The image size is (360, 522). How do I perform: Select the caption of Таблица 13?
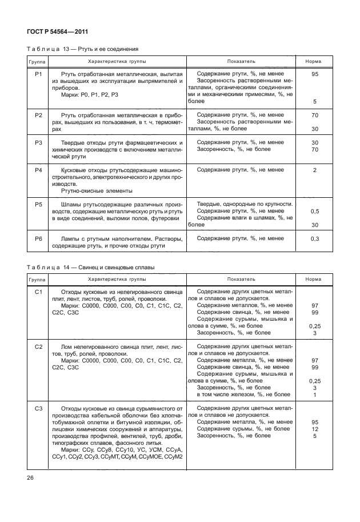pos(83,49)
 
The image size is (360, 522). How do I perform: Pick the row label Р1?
pos(39,74)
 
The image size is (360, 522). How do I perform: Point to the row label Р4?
pos(39,170)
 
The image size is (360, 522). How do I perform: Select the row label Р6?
pos(39,238)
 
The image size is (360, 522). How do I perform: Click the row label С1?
pos(39,292)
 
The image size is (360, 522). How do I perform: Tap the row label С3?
pos(39,408)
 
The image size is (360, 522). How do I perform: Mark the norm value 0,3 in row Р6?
pos(314,238)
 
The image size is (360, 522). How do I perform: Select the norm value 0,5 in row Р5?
pos(314,212)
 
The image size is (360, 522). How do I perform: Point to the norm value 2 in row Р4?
pos(314,170)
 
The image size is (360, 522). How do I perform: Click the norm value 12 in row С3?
pos(314,429)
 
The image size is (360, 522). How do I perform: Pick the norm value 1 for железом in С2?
pos(314,395)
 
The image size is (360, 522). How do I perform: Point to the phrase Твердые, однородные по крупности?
pos(245,204)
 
